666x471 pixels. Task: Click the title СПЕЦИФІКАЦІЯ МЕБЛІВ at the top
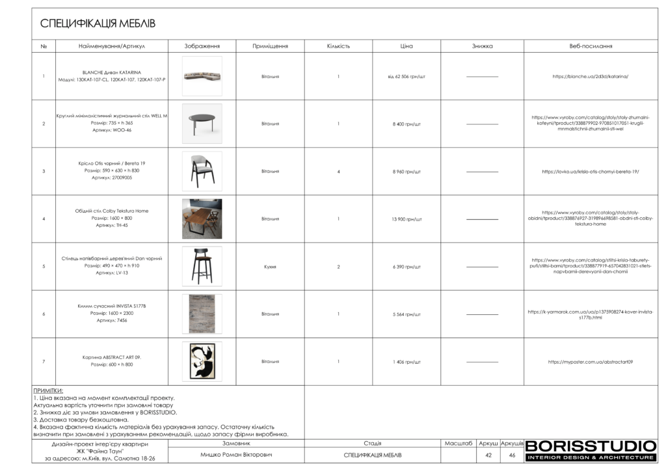98,24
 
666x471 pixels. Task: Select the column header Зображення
202,46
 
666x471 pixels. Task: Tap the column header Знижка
482,46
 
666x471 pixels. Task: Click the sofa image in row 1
202,76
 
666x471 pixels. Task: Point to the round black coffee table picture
202,124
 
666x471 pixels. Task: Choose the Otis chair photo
202,171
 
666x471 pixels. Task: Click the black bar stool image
202,266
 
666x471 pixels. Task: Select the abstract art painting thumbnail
202,361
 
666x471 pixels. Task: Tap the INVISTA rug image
202,314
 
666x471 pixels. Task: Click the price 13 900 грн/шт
406,219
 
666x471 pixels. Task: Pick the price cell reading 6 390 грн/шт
406,267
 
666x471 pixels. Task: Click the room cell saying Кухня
270,267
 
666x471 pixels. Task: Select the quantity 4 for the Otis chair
338,172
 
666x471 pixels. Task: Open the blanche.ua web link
590,77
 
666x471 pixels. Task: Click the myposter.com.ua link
590,362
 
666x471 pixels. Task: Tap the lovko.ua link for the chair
590,172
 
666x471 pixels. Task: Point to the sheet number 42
488,455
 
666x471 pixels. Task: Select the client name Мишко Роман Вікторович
235,455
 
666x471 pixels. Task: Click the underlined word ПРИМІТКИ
48,390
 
